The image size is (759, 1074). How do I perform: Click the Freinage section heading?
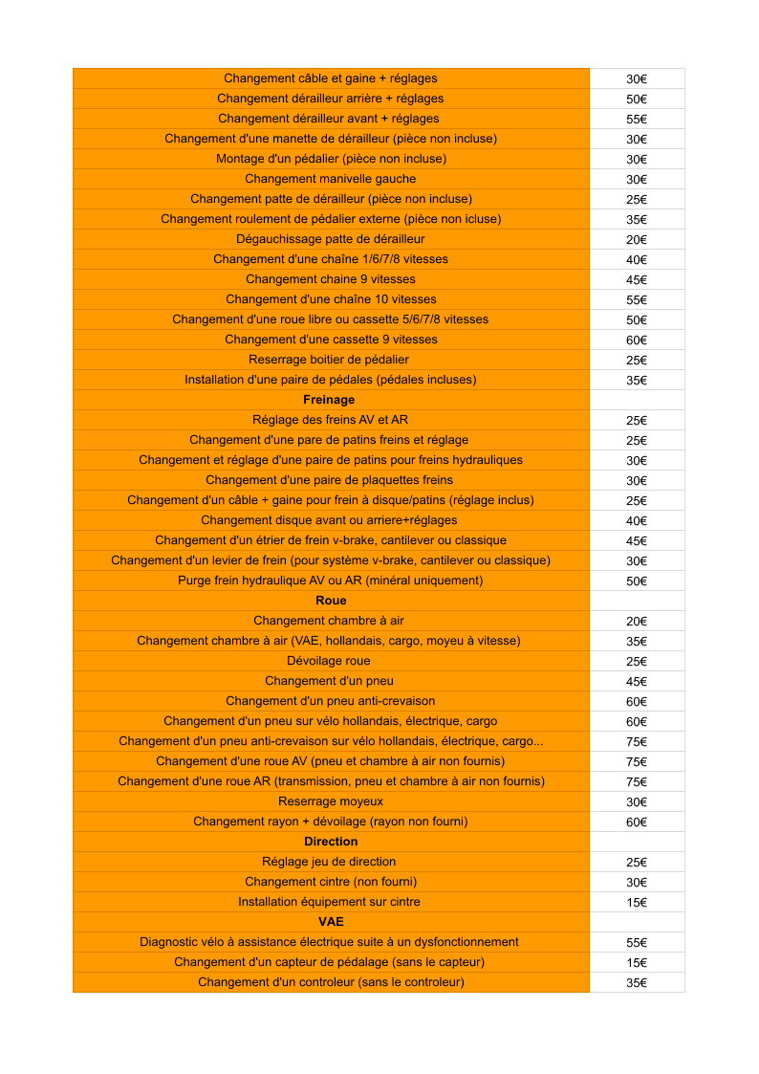329,400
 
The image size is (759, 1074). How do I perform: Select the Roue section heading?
331,601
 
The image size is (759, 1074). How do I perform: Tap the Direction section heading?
331,842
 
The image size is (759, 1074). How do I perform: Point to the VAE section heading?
331,922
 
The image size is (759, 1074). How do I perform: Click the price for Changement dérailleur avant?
637,120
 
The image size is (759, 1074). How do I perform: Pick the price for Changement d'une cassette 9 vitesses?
637,340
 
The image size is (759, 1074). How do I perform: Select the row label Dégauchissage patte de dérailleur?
331,239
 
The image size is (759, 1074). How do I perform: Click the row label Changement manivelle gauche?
331,179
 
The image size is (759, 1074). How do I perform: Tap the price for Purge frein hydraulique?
637,581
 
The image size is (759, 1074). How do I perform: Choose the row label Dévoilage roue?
329,661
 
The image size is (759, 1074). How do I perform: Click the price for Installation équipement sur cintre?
637,903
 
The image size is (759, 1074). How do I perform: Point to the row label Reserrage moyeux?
331,801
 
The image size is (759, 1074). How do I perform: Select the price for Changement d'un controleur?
637,983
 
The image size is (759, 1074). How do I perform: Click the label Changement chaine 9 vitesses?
331,279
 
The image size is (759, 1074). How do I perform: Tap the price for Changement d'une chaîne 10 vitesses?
637,300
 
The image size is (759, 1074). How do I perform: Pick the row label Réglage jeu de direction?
329,862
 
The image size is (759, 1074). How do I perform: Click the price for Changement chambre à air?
637,622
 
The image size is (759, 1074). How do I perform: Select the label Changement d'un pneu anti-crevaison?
331,701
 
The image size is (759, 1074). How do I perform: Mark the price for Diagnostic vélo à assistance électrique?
637,943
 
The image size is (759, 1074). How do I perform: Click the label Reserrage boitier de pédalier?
329,360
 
